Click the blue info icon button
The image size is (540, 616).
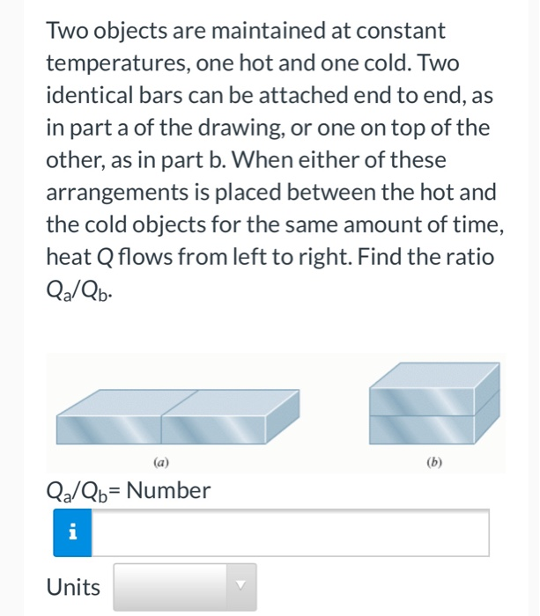coord(72,532)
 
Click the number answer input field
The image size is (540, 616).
coord(290,532)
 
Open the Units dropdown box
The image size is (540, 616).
coord(185,587)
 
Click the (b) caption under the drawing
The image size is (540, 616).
coord(433,461)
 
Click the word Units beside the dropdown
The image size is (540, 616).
coord(74,587)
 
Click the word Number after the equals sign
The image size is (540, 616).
coord(168,490)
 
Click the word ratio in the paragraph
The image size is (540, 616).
coord(473,257)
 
